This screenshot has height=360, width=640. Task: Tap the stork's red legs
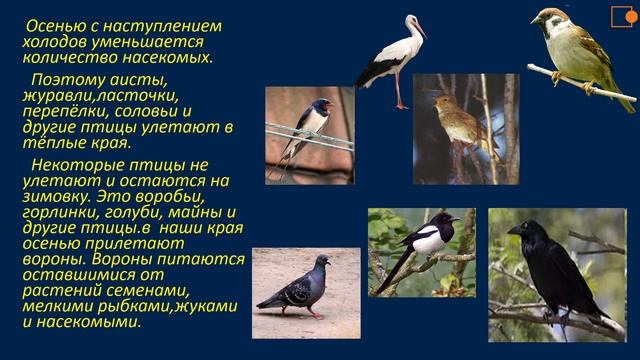[x=400, y=92]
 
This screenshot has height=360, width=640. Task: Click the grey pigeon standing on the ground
[x=299, y=285]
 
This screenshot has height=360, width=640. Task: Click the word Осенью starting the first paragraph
[x=54, y=25]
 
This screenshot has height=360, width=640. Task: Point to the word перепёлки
[x=65, y=112]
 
